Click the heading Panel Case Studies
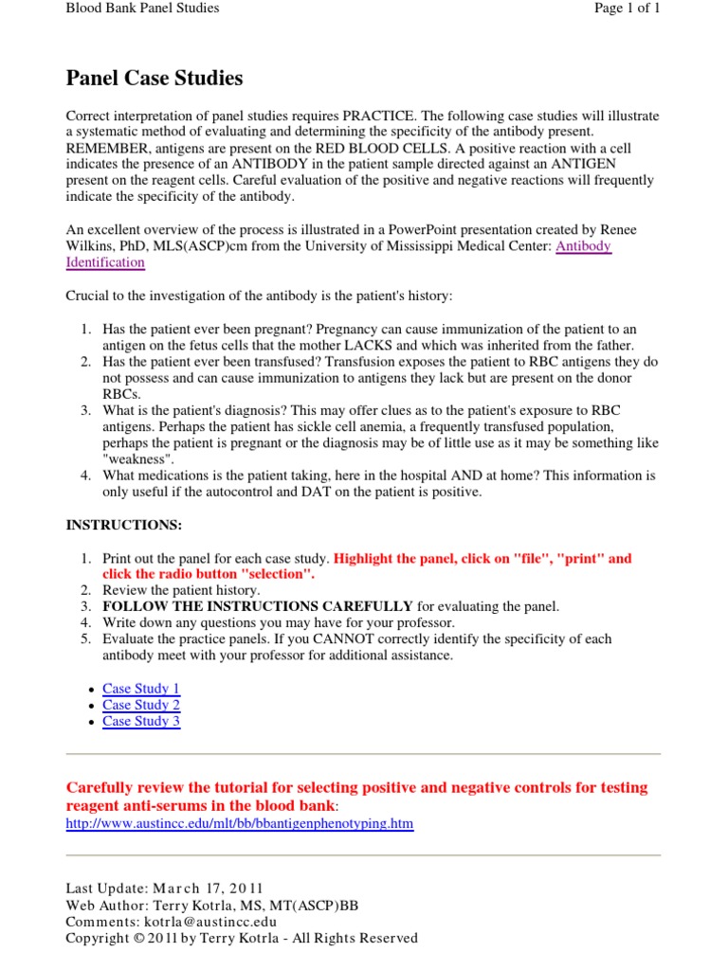[154, 78]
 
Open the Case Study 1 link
[140, 689]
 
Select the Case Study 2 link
[140, 705]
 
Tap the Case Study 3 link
[140, 721]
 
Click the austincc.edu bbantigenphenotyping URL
[239, 824]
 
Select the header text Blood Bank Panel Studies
[142, 9]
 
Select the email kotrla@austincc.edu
[210, 921]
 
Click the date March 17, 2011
[198, 889]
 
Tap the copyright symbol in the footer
[138, 938]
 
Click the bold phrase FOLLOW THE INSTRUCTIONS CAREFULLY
[257, 606]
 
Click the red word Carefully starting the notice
[101, 788]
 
